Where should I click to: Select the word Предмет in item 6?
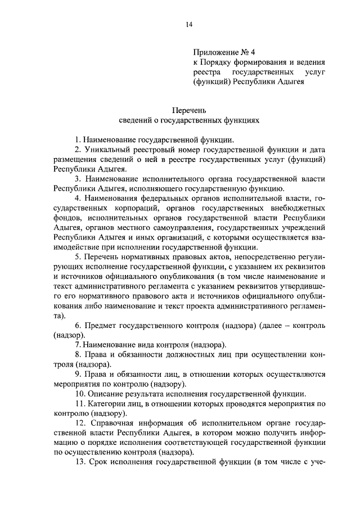[101, 326]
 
